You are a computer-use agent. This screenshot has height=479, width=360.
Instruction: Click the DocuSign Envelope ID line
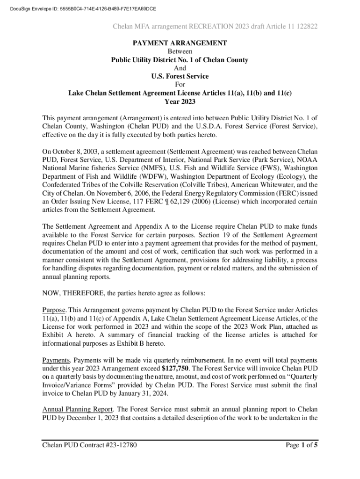(x=79, y=9)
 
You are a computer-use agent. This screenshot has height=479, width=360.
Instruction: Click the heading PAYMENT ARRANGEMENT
(x=180, y=43)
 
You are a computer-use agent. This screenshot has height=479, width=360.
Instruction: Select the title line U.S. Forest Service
(x=180, y=76)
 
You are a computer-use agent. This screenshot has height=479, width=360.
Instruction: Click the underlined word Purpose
(x=54, y=310)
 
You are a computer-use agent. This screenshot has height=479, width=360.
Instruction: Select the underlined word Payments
(x=56, y=360)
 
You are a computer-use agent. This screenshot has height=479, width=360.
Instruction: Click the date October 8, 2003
(x=75, y=152)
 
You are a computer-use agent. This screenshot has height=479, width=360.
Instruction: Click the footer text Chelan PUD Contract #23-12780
(x=89, y=445)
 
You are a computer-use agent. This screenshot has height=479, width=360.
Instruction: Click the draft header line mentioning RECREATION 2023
(x=216, y=27)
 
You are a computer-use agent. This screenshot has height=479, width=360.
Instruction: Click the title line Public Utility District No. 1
(x=180, y=60)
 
